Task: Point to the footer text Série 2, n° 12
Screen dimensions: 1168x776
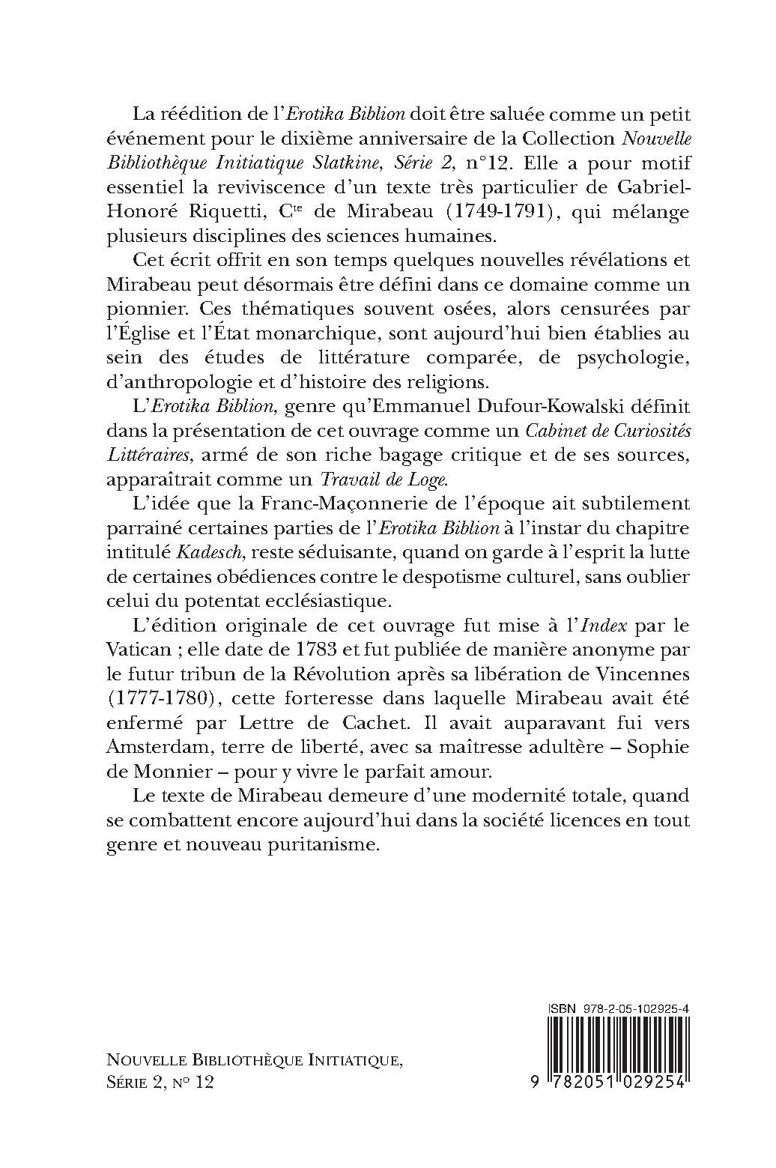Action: click(x=160, y=1083)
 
